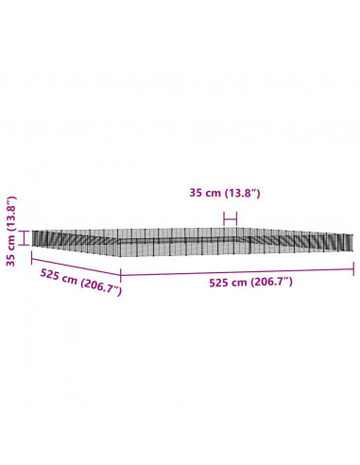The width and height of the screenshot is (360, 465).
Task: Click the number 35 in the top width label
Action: (x=196, y=192)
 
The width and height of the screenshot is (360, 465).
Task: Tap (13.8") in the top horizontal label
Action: (x=242, y=193)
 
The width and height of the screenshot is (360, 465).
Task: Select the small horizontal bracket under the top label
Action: (x=230, y=218)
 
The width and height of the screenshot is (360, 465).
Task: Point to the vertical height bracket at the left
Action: (x=24, y=237)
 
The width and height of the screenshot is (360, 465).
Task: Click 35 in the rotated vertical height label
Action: (x=10, y=260)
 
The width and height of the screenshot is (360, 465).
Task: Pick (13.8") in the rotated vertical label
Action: (x=10, y=214)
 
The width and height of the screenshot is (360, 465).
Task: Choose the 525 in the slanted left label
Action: (x=50, y=274)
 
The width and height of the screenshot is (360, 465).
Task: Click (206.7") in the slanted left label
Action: (x=101, y=285)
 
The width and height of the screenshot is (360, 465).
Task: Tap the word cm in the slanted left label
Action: (x=69, y=279)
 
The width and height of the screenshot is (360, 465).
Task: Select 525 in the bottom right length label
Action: (x=219, y=283)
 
